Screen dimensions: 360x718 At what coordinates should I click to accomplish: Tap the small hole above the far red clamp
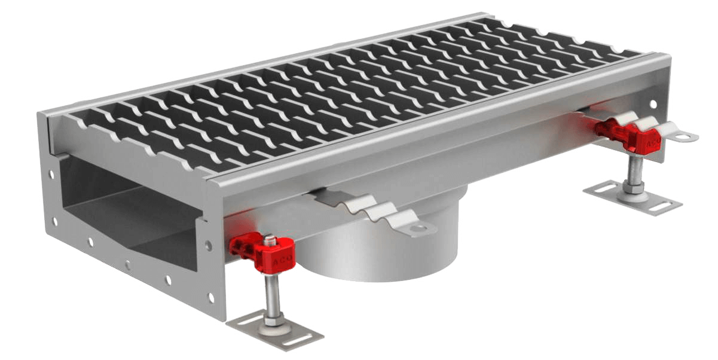pos(653,104)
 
